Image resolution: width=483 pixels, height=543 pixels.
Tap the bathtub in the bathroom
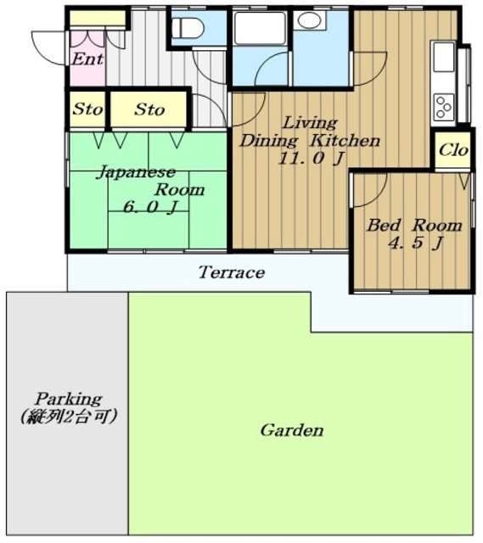[260, 28]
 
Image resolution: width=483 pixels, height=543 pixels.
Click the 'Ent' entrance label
[87, 59]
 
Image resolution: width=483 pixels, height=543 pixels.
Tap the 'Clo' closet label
[453, 150]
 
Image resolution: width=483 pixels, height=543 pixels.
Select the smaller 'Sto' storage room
[87, 109]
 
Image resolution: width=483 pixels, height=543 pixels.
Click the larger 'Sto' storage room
[149, 109]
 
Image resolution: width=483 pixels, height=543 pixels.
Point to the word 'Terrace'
[232, 272]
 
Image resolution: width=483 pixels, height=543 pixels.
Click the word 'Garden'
[292, 430]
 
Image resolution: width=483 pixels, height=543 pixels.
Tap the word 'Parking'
[69, 400]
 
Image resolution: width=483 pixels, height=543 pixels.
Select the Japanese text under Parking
[68, 417]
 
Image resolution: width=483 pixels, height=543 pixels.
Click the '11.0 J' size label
[311, 159]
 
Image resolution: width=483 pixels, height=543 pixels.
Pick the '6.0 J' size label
[150, 207]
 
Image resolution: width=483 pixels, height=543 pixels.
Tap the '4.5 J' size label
[415, 243]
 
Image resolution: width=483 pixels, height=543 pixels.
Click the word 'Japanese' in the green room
[136, 172]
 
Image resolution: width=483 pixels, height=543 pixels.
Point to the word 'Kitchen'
[345, 141]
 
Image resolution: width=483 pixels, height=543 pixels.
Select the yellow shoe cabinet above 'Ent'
[98, 19]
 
